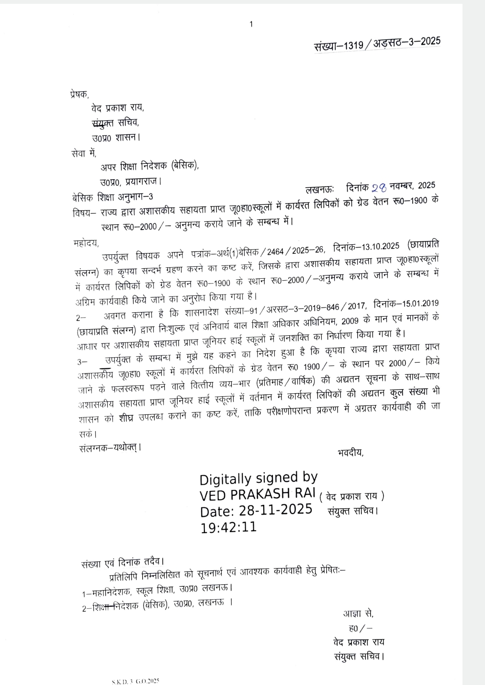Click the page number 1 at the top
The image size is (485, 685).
coord(251,24)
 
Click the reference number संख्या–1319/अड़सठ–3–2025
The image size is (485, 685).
coord(377,44)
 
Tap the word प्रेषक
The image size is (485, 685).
coord(79,94)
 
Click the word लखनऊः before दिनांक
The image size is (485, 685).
coord(320,189)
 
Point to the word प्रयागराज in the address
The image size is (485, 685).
coord(143,182)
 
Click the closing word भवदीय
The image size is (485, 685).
coord(350,452)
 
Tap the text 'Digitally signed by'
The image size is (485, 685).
coord(258,478)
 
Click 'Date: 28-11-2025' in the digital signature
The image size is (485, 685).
coord(256,510)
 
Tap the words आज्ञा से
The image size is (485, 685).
coord(358,614)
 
